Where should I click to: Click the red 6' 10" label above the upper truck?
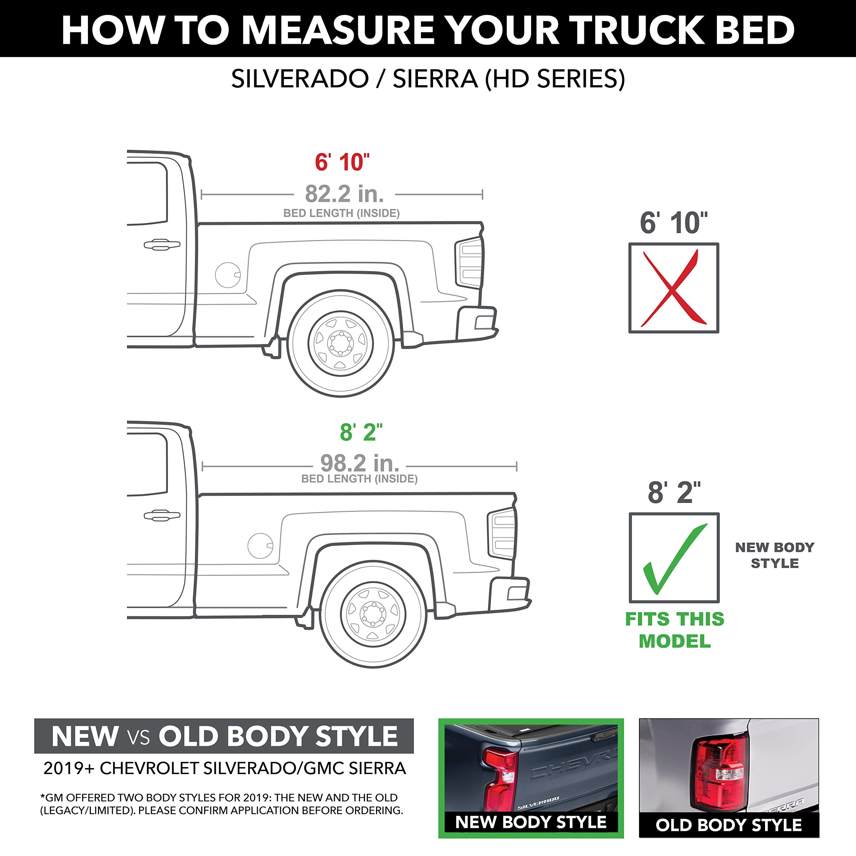point(342,162)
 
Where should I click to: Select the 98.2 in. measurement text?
point(359,463)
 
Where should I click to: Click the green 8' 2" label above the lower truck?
point(361,432)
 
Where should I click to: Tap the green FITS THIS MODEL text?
point(674,630)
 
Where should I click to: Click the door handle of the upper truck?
point(162,244)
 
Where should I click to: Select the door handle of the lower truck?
point(162,515)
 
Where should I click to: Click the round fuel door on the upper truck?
point(228,275)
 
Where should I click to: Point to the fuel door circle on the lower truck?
point(260,545)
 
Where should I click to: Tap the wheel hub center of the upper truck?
point(340,343)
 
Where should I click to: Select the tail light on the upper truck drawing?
point(470,263)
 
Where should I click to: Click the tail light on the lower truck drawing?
point(502,534)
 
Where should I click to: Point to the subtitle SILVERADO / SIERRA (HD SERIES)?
point(428,79)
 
